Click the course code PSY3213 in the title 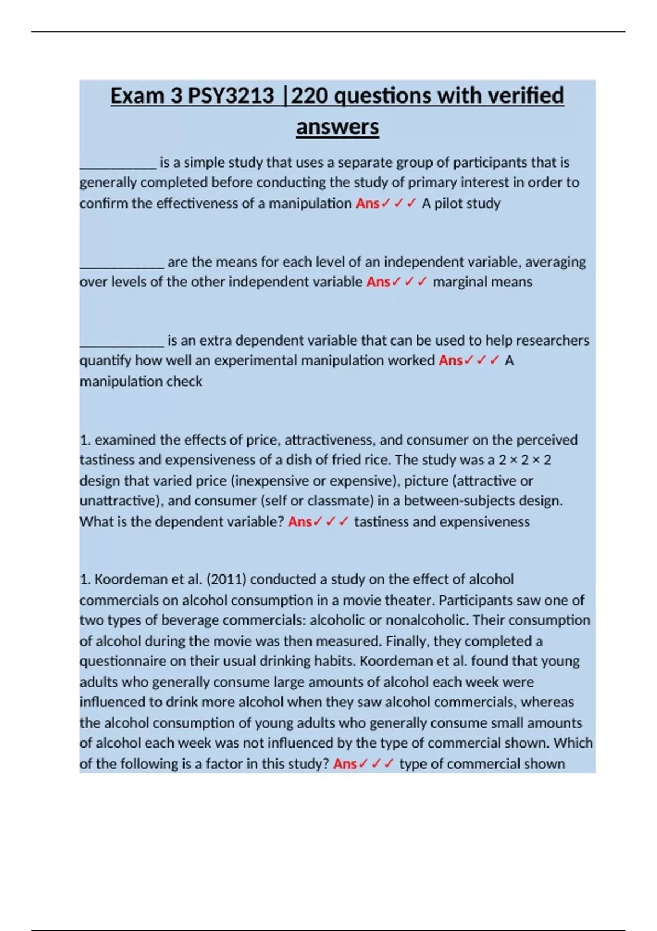[x=230, y=96]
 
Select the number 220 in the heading [x=309, y=96]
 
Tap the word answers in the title [x=337, y=127]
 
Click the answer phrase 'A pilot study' [x=460, y=203]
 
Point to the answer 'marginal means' [x=482, y=282]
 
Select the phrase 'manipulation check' [x=141, y=381]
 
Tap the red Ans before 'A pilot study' [x=367, y=203]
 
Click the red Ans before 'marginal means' [x=378, y=282]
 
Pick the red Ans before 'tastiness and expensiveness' [x=299, y=522]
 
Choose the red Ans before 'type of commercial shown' [x=345, y=764]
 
